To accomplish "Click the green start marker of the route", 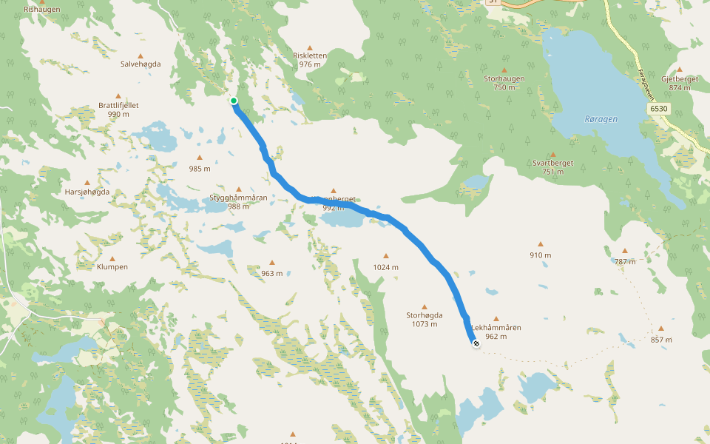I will tap(233, 101).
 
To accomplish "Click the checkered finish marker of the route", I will tap(476, 343).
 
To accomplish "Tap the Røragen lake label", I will tap(601, 118).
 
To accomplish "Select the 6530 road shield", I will tap(660, 108).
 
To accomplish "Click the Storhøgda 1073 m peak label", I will tap(425, 319).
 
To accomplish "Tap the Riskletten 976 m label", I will tap(310, 60).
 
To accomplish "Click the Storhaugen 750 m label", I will tap(504, 82).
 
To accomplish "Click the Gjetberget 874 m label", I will tap(680, 83).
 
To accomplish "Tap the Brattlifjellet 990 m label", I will tap(118, 110).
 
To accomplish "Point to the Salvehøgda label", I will tap(141, 64).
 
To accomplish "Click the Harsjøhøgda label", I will tap(87, 192).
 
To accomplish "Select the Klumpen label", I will tap(112, 266).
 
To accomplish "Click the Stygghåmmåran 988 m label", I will tap(238, 201).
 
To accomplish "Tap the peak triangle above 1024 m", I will tap(385, 256).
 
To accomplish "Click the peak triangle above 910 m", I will tap(541, 244).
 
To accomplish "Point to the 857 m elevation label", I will tap(661, 340).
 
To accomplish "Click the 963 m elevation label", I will tap(271, 273).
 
